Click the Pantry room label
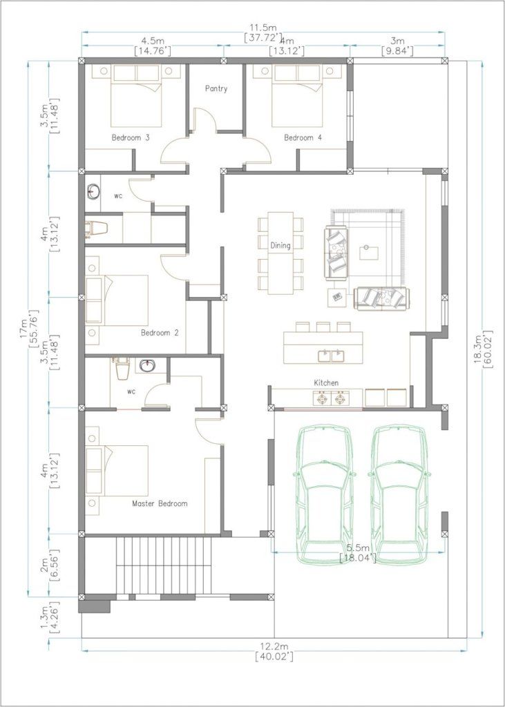[216, 89]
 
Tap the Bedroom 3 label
[131, 137]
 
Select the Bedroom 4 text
[303, 137]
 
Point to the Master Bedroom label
[160, 503]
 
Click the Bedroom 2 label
[160, 333]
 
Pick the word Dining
[280, 246]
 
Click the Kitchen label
[326, 382]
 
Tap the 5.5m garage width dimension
[359, 548]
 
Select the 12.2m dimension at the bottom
[274, 646]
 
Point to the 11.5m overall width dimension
[264, 28]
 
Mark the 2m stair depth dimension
[44, 564]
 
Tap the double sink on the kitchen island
[331, 356]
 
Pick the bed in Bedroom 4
[296, 95]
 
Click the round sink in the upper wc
[93, 191]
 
